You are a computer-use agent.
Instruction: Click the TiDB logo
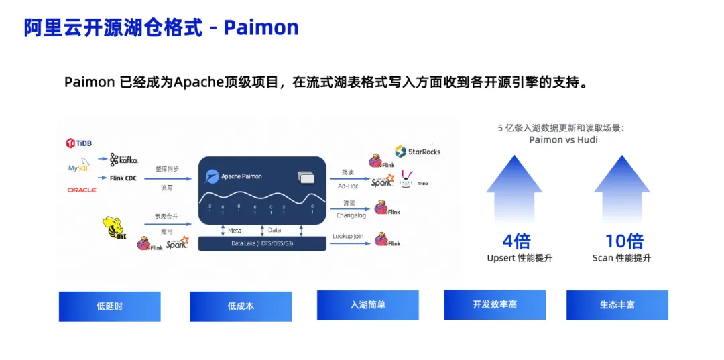[x=79, y=143]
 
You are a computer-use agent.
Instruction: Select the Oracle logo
[x=82, y=190]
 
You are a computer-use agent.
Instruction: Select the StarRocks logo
[x=418, y=152]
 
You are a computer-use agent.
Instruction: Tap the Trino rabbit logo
[x=407, y=178]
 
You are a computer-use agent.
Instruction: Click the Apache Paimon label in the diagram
[x=241, y=176]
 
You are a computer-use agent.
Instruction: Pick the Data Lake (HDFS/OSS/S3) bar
[x=262, y=243]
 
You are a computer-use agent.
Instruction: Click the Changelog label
[x=351, y=215]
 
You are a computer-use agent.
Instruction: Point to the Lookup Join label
[x=349, y=237]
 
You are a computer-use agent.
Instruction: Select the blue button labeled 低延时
[x=109, y=306]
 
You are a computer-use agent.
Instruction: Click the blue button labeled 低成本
[x=241, y=306]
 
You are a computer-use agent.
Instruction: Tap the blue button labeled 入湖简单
[x=367, y=305]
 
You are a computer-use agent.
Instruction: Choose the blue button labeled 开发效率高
[x=495, y=305]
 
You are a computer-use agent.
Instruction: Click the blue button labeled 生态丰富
[x=617, y=305]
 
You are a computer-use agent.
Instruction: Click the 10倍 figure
[x=623, y=241]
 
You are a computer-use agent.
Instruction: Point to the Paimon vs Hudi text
[x=563, y=140]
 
